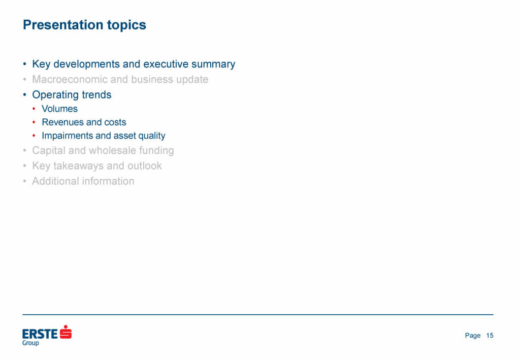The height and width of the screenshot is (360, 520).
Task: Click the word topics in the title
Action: coord(126,25)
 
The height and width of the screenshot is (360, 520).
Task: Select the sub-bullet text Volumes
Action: coord(60,109)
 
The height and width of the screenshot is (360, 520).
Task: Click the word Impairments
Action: coord(67,136)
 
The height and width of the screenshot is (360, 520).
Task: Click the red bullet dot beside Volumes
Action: coord(34,109)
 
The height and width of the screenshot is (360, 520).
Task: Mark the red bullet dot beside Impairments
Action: coord(34,136)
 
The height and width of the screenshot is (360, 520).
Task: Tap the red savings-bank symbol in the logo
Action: coord(66,332)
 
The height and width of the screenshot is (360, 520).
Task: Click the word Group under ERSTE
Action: coord(30,343)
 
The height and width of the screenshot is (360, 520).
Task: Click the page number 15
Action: coord(490,336)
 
